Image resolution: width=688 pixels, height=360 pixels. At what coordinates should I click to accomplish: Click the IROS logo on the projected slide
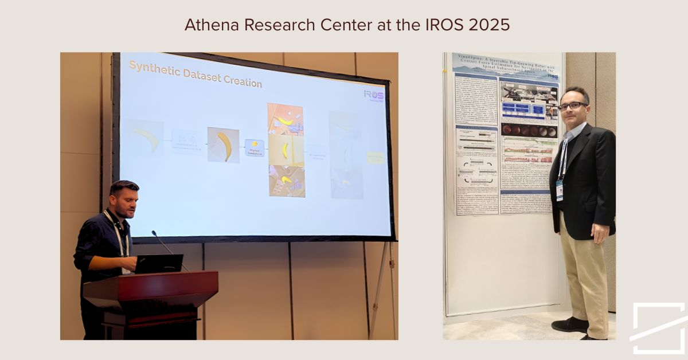[374, 95]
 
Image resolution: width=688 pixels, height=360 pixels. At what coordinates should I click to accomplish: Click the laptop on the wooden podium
[159, 264]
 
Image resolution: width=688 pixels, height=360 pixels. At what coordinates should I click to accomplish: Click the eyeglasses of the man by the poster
[572, 106]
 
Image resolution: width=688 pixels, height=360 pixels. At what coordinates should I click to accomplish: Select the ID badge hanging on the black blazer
[559, 189]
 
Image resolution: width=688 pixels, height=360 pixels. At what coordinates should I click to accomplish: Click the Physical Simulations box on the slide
[254, 147]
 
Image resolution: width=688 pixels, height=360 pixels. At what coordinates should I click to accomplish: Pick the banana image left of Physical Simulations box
[223, 145]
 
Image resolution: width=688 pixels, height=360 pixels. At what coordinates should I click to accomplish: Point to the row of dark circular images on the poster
[529, 131]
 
